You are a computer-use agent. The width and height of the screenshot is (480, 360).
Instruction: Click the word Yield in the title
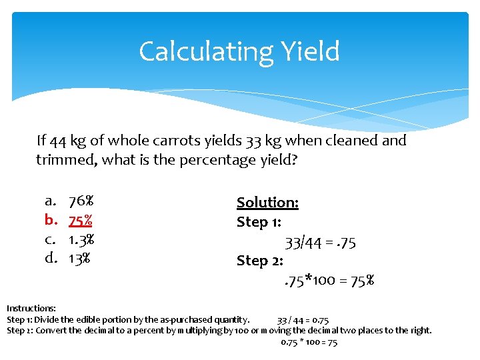click(x=311, y=51)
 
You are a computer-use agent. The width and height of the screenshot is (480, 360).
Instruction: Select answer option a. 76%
click(x=81, y=201)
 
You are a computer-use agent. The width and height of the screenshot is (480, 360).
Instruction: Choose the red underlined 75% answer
click(x=80, y=220)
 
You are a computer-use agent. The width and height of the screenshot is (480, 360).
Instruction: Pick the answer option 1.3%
click(x=81, y=239)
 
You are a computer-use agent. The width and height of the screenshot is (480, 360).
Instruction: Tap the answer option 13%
click(x=79, y=258)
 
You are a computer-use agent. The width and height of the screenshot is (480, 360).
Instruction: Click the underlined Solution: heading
click(x=267, y=203)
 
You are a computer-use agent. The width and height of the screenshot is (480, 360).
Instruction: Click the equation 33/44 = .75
click(x=320, y=243)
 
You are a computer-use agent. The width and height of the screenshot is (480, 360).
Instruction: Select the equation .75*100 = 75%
click(x=327, y=281)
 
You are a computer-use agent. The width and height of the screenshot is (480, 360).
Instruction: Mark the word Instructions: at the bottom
click(x=31, y=309)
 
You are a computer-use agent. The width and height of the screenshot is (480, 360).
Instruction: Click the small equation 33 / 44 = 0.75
click(x=303, y=320)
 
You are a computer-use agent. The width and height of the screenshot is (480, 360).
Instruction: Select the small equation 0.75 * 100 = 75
click(x=309, y=342)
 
